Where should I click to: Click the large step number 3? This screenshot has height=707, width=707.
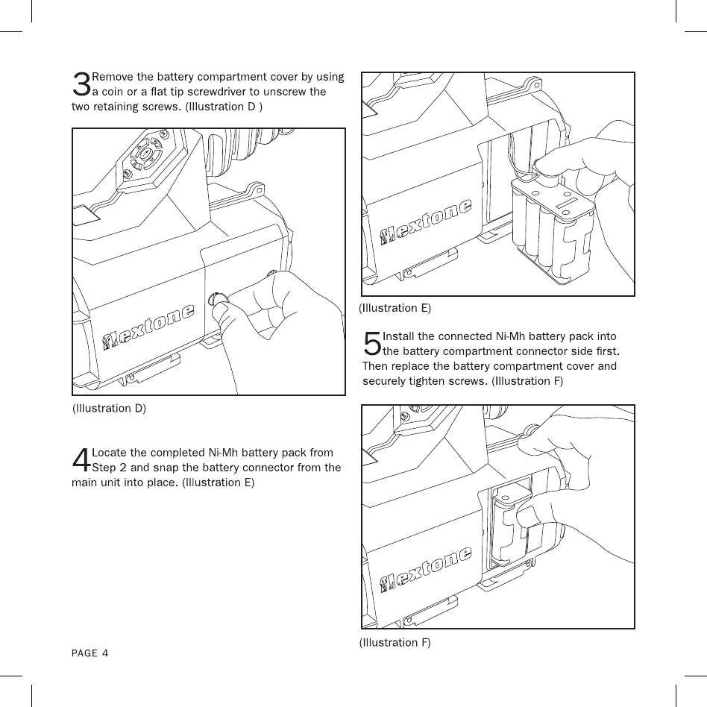point(81,85)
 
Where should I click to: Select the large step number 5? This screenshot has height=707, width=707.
point(371,344)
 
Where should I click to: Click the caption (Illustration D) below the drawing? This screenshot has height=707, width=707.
point(110,408)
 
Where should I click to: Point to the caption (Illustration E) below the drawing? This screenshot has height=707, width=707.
point(395,307)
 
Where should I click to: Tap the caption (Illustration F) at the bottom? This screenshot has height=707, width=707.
point(395,641)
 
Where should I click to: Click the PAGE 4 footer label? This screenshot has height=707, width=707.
point(89,653)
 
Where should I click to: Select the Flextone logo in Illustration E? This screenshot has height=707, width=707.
point(426,222)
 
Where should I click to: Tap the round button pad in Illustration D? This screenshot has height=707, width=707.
point(145,154)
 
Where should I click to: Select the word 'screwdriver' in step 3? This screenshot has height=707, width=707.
point(209,92)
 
